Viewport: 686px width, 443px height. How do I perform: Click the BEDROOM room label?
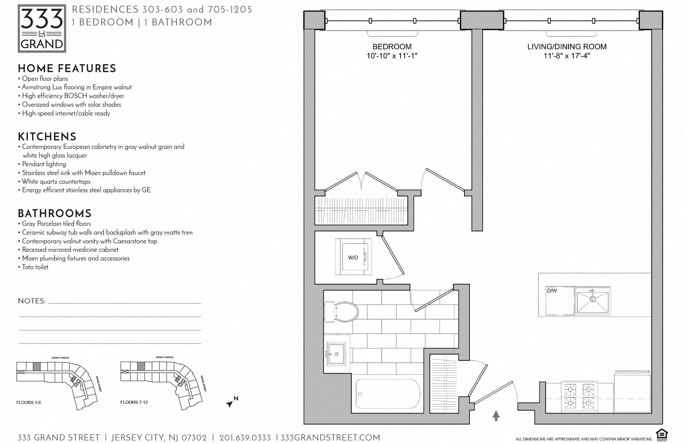click(392, 47)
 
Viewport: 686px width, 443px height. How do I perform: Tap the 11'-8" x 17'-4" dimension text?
click(566, 56)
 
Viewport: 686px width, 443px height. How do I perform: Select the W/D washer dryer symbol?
click(353, 257)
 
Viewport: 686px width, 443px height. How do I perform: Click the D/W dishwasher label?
click(552, 291)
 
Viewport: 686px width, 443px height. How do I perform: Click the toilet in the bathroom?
click(342, 312)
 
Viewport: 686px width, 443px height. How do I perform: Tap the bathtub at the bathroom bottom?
click(388, 394)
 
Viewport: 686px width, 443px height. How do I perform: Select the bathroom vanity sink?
click(336, 354)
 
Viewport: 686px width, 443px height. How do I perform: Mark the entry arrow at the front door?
click(496, 415)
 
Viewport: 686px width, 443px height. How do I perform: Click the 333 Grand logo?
click(42, 28)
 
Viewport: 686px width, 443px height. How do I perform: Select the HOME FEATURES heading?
click(67, 69)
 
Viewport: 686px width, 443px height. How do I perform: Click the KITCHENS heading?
click(47, 137)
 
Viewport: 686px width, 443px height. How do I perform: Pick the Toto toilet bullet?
click(35, 267)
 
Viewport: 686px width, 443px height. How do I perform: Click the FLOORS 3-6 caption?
click(28, 402)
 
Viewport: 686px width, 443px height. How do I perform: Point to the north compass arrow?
click(230, 403)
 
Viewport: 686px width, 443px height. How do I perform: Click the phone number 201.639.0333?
click(245, 438)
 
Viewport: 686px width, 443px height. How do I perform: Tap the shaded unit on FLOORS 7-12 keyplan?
click(141, 366)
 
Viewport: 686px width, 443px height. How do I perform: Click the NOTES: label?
click(32, 301)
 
